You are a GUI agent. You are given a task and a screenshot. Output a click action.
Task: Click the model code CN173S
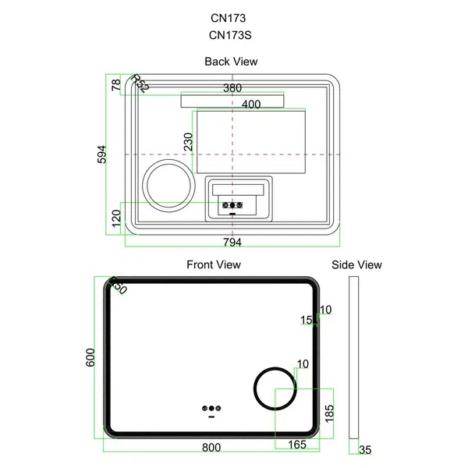click(230, 35)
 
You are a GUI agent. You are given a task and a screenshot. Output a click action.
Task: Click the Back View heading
click(231, 62)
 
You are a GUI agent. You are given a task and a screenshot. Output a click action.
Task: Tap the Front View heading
click(214, 264)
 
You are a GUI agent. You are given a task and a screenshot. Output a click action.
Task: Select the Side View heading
click(356, 264)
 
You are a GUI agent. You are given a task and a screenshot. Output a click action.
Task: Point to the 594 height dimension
click(101, 154)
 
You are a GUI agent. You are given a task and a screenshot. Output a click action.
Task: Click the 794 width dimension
click(232, 243)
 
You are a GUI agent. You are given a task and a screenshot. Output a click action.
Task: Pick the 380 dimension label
click(232, 88)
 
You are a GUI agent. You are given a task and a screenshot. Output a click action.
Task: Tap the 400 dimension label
click(251, 105)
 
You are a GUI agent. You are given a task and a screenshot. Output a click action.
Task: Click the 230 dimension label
click(188, 142)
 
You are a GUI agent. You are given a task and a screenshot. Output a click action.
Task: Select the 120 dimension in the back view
click(116, 218)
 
